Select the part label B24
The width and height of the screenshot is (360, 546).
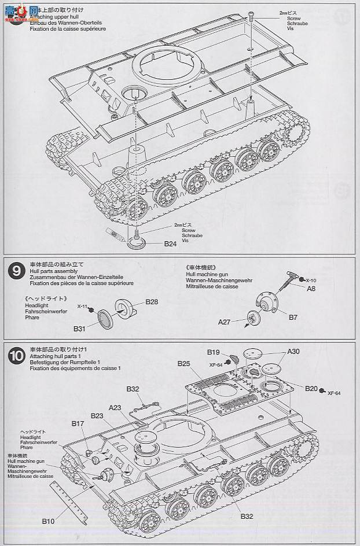tap(170, 244)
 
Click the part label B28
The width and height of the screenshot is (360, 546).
tap(152, 301)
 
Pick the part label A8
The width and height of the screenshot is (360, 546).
tap(311, 288)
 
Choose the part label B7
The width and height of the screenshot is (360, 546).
tap(293, 318)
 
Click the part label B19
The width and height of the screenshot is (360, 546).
tap(214, 352)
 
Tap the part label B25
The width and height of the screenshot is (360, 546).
tap(184, 363)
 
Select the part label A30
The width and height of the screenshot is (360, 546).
tap(294, 352)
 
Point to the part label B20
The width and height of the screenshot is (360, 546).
tap(311, 389)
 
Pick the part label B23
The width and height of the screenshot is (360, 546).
tap(97, 416)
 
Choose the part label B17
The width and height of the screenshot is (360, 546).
tap(78, 424)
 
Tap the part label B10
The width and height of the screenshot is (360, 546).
tap(48, 521)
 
